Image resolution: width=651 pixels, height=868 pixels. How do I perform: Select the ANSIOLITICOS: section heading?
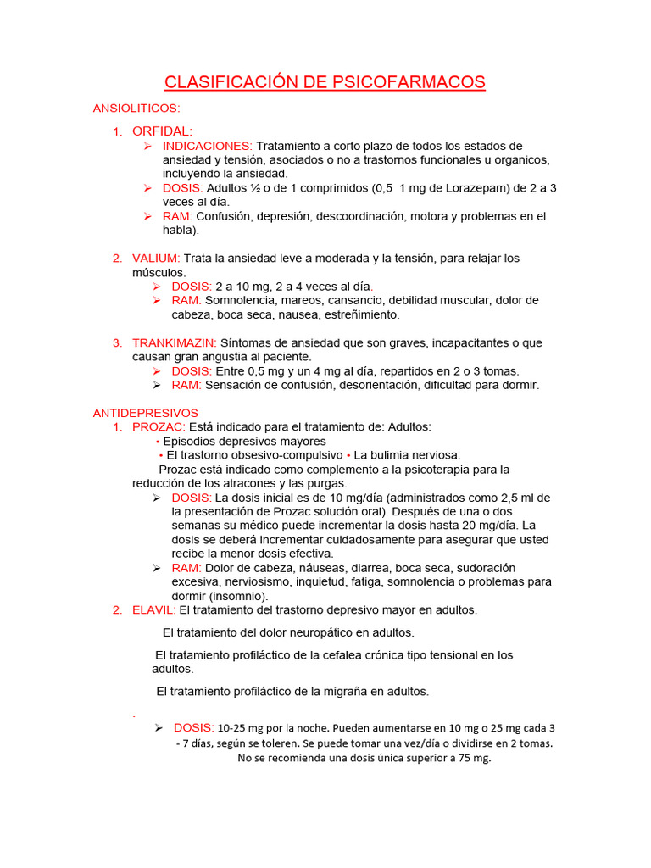136,108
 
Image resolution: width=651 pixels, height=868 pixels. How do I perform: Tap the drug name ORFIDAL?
163,131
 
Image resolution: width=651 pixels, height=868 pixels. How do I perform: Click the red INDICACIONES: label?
208,146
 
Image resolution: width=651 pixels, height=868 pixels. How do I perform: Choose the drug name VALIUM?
156,258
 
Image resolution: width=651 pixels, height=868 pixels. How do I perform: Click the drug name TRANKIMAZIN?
175,342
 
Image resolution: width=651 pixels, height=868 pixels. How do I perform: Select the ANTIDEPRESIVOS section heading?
138,412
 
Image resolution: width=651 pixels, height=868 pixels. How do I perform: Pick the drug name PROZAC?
159,426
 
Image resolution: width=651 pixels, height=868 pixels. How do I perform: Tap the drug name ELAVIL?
154,609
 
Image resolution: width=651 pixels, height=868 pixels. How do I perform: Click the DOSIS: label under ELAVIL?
194,727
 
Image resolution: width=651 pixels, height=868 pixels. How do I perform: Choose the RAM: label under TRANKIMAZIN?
186,385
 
